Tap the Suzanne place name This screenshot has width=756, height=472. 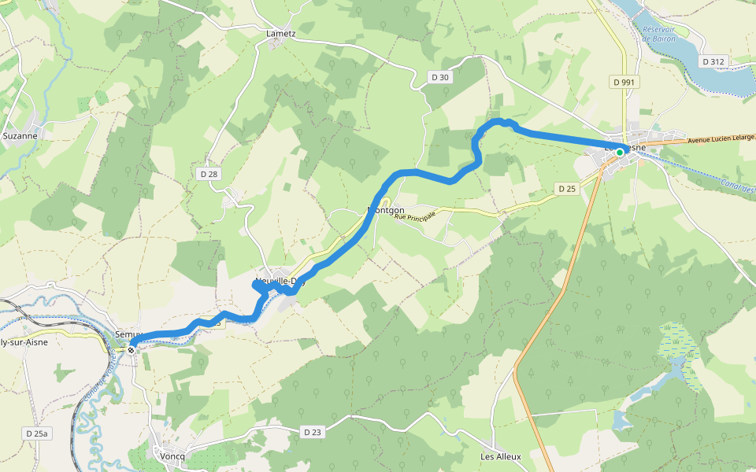pyautogui.click(x=20, y=135)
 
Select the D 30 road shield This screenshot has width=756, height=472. pyautogui.click(x=440, y=77)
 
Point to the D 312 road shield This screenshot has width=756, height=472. pyautogui.click(x=716, y=61)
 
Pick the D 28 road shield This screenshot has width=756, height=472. pyautogui.click(x=208, y=173)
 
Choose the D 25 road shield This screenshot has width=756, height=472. pyautogui.click(x=567, y=189)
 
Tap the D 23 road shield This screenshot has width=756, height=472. pyautogui.click(x=313, y=432)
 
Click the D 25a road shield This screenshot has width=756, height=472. pyautogui.click(x=36, y=433)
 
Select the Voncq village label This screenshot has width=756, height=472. pyautogui.click(x=172, y=456)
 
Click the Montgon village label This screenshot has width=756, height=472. pyautogui.click(x=387, y=210)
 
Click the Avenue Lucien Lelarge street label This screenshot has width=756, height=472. pyautogui.click(x=721, y=139)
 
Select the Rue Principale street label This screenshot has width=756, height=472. pyautogui.click(x=415, y=215)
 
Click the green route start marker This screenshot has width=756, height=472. pyautogui.click(x=620, y=152)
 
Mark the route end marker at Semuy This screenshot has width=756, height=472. pyautogui.click(x=132, y=342)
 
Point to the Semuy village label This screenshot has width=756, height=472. pyautogui.click(x=126, y=334)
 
